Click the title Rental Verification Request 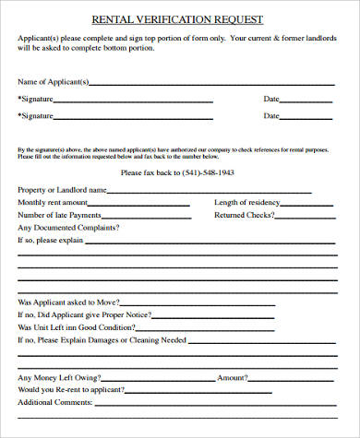177,18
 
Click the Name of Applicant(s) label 54,82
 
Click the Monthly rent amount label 53,202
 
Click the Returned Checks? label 244,215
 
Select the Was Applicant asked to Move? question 66,302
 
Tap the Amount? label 231,377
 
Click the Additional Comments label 55,402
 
